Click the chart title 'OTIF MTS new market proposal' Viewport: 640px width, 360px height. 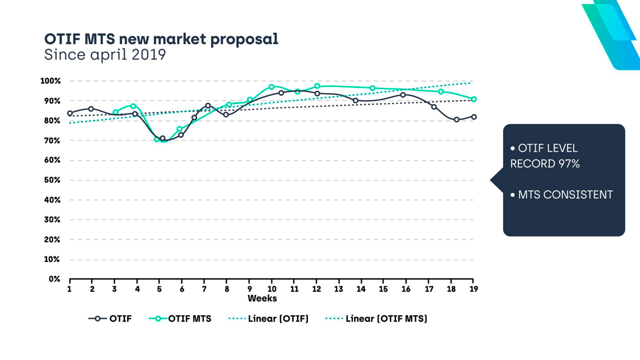pos(161,39)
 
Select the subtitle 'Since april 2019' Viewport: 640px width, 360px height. pos(105,55)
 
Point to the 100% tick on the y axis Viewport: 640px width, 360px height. pos(51,81)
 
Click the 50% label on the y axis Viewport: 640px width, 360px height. pos(52,180)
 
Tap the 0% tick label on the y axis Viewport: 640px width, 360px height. pos(54,279)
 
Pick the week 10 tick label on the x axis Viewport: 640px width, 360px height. pos(272,289)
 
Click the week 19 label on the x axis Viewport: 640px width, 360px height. pos(474,289)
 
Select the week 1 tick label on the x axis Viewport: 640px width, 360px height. pos(70,289)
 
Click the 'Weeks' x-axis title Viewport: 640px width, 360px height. pos(262,299)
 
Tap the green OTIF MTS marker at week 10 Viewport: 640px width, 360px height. pos(271,87)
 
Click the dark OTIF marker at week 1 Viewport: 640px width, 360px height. pos(70,114)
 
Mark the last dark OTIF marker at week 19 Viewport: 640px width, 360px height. pos(474,117)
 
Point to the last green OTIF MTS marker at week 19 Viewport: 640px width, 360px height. pos(474,99)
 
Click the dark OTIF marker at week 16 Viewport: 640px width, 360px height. pos(403,95)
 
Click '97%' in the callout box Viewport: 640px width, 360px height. pos(569,164)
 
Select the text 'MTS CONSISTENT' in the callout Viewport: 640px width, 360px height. pos(565,195)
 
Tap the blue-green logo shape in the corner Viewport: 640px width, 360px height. pos(613,32)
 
